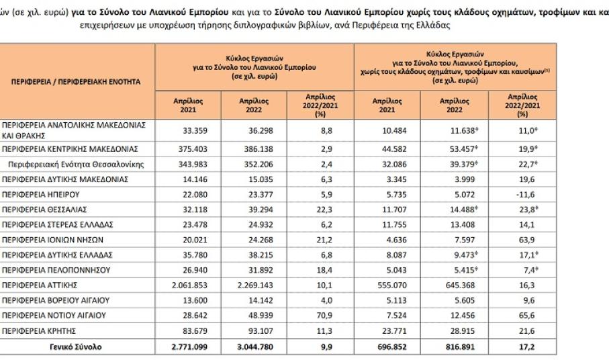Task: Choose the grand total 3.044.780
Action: pyautogui.click(x=250, y=347)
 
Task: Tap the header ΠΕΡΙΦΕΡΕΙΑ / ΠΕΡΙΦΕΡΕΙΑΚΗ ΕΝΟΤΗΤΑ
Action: pyautogui.click(x=76, y=81)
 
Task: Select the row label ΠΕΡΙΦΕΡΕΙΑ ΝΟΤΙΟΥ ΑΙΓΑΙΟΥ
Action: pyautogui.click(x=54, y=315)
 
